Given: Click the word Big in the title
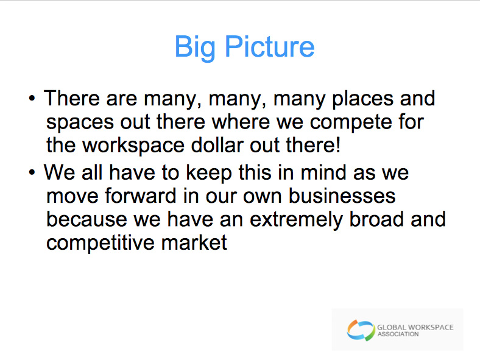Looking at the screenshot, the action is (x=195, y=48).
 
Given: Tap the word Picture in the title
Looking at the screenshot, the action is (x=270, y=46).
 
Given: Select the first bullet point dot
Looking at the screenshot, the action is (x=32, y=99).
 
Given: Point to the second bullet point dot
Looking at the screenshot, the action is (x=32, y=172).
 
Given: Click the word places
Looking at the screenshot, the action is (x=363, y=100).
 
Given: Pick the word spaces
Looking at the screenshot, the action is (x=80, y=123).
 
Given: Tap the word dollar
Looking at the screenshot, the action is (x=217, y=145).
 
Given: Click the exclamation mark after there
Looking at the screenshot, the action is (x=337, y=145).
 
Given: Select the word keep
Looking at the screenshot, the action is (x=209, y=174).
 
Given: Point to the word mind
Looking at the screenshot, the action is (x=323, y=172).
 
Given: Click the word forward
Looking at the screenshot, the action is (x=141, y=196).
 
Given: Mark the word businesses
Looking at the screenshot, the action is (x=342, y=196).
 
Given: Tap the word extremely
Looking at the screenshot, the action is (x=296, y=220).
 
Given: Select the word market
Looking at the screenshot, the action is (x=194, y=242).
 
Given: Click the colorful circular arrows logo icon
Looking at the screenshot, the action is (x=361, y=330).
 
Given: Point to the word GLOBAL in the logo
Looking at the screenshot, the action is (x=392, y=327).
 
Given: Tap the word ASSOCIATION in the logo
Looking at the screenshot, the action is (x=398, y=334).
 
